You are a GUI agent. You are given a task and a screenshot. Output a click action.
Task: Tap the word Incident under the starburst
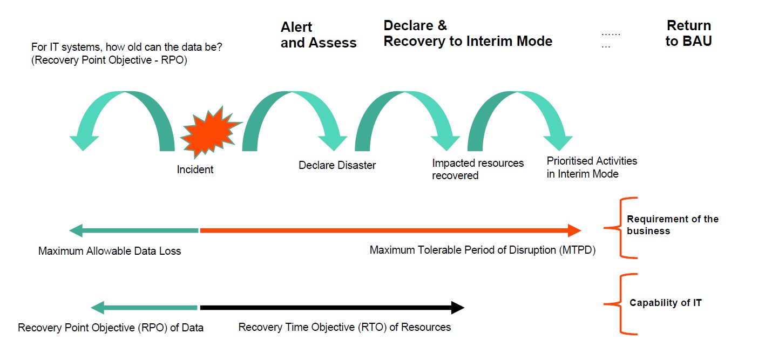(x=195, y=169)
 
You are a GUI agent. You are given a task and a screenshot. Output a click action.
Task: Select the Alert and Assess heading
(x=319, y=35)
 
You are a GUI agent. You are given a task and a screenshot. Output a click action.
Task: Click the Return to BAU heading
(x=688, y=33)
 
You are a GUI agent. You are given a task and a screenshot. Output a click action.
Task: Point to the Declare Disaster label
(x=337, y=165)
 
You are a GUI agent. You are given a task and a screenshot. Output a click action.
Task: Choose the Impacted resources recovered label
(x=477, y=169)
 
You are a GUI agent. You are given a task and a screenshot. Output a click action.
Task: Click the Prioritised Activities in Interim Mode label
(x=592, y=167)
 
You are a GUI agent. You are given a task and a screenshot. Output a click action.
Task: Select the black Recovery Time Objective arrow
(x=331, y=308)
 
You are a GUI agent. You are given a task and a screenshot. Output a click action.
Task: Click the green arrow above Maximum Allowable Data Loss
(x=134, y=231)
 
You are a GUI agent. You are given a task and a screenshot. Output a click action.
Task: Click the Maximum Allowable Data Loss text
(x=110, y=251)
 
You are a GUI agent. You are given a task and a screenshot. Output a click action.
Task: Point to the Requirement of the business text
(x=672, y=225)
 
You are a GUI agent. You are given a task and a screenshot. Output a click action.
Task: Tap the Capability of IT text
(x=665, y=303)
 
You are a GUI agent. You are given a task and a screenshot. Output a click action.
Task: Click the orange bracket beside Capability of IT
(x=620, y=304)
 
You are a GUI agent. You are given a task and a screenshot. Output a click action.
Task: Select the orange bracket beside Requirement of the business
(x=620, y=227)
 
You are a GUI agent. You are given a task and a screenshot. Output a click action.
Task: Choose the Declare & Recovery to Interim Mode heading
(x=468, y=33)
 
